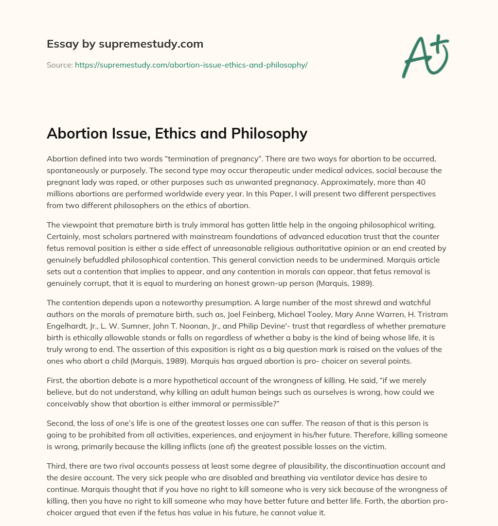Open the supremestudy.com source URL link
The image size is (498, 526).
click(x=191, y=65)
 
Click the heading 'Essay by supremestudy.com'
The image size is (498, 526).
click(x=125, y=44)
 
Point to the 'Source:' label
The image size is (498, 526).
click(x=59, y=65)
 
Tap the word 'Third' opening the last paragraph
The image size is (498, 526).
click(x=56, y=466)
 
